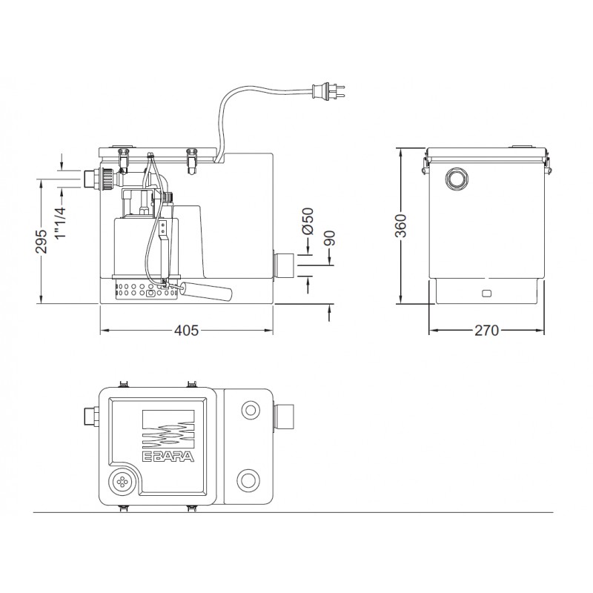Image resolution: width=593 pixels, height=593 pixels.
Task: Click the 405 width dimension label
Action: point(186,331)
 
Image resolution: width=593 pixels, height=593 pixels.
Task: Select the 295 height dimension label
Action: point(42,241)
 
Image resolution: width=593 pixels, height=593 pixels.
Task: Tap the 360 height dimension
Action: point(400,226)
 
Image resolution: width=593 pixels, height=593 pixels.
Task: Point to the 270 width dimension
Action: point(487,331)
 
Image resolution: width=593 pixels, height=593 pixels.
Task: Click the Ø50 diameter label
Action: point(308,221)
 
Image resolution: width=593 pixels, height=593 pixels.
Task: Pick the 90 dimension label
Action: point(329,238)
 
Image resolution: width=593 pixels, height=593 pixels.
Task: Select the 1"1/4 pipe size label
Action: point(61,223)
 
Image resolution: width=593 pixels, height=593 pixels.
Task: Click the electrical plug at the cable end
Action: point(328,93)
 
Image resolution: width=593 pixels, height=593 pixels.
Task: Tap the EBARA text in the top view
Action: point(168,457)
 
